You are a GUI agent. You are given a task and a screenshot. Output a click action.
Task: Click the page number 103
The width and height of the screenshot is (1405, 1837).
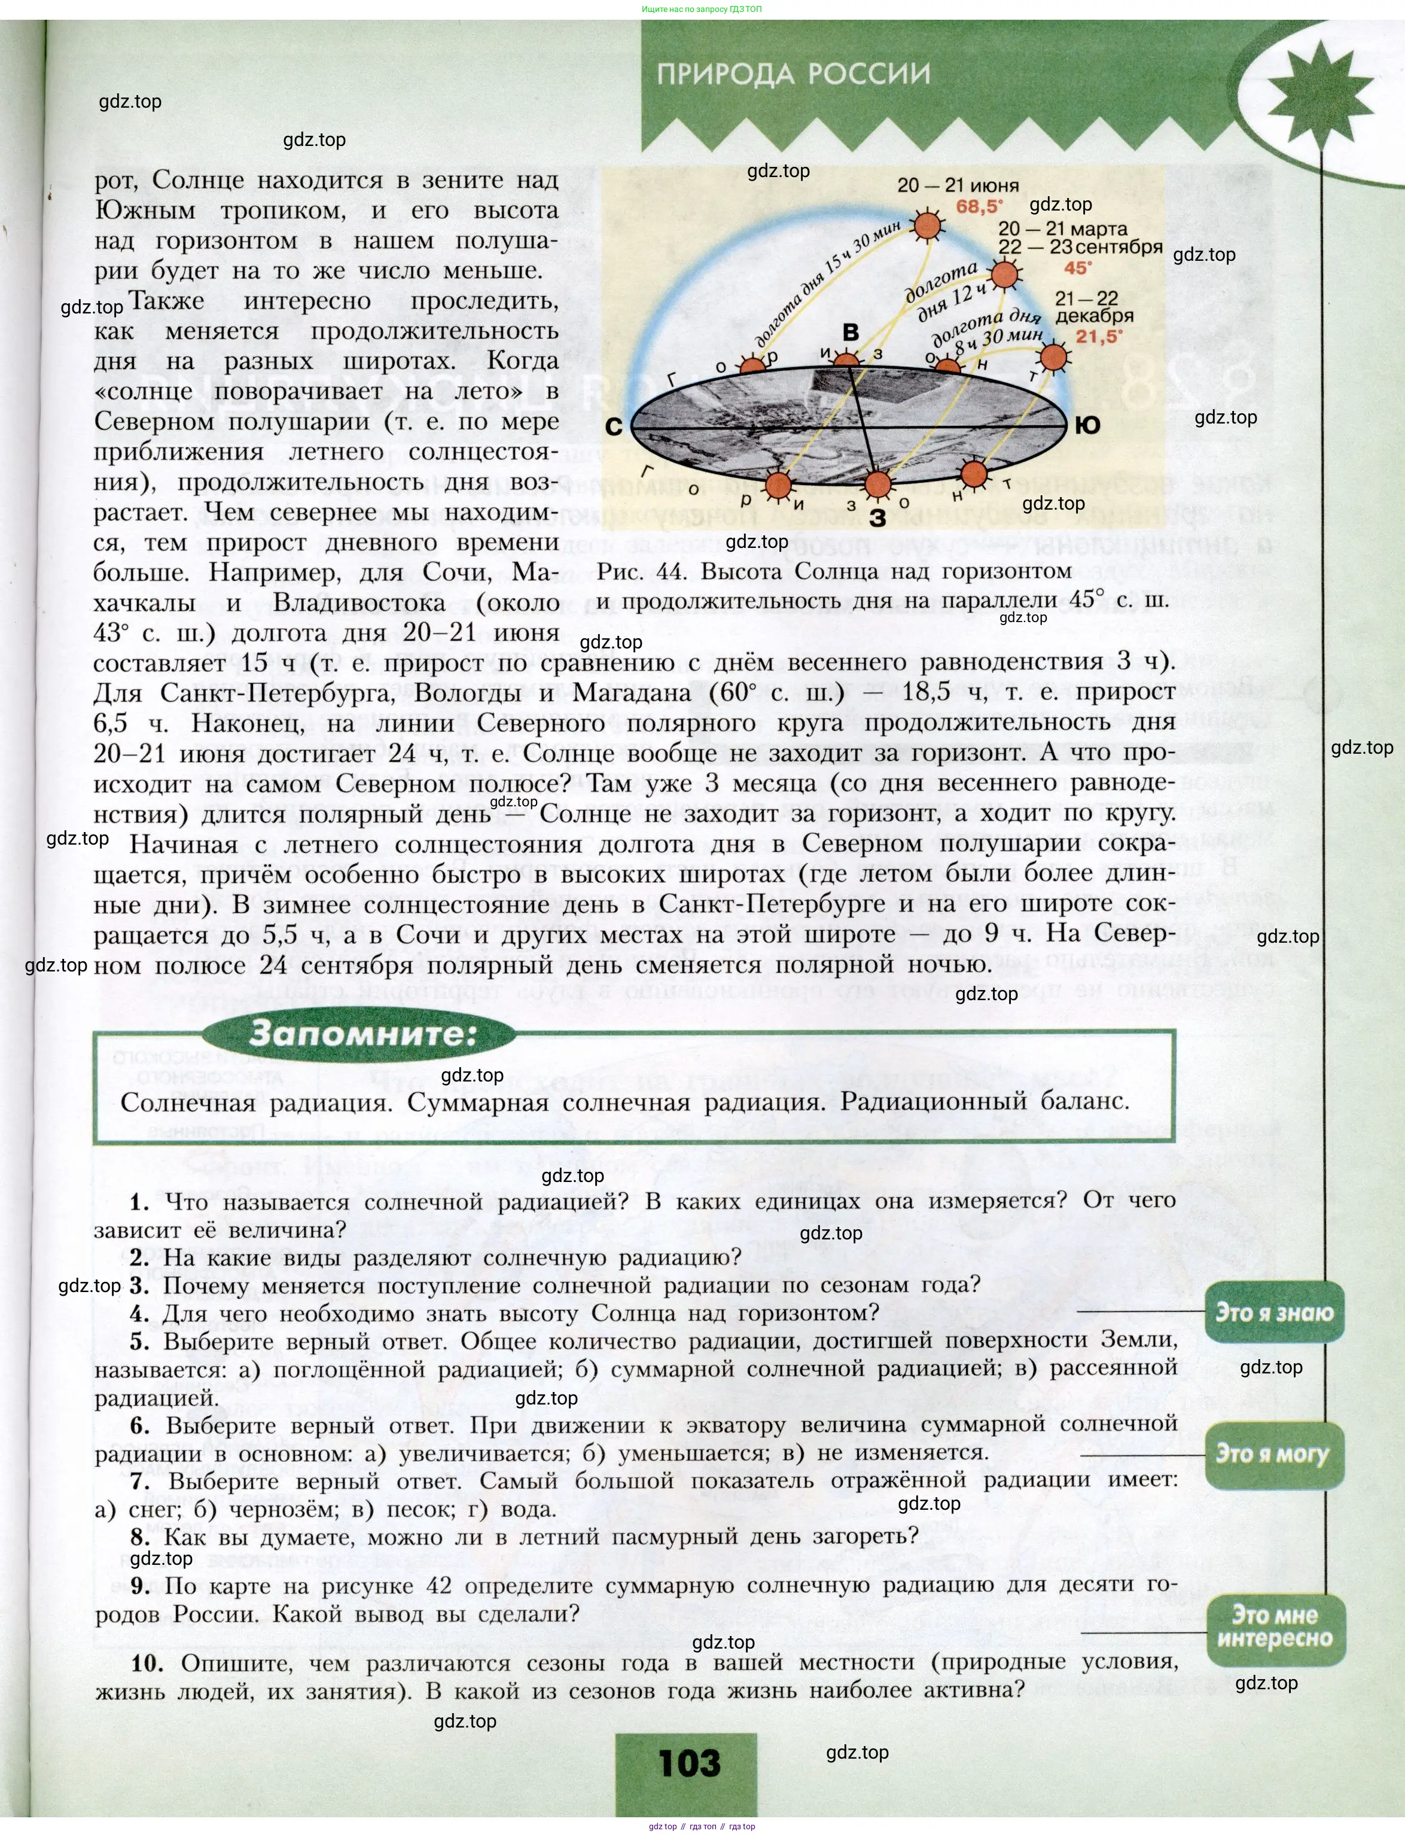point(688,1763)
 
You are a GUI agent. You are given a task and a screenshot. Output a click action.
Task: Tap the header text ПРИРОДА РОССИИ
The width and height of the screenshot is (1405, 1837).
point(793,74)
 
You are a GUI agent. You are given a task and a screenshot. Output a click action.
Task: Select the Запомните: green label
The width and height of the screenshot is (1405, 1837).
point(361,1034)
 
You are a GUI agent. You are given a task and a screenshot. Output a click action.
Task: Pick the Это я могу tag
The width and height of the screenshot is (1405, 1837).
point(1273,1454)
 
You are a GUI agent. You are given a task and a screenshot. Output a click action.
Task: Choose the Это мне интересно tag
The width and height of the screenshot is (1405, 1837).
point(1273,1626)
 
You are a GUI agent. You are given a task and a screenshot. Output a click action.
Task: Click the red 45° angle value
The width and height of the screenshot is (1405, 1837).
point(1077,267)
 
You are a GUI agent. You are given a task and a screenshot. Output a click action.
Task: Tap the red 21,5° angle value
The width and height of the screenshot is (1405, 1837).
point(1099,337)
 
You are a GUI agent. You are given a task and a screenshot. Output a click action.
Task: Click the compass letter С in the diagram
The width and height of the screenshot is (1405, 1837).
point(613,427)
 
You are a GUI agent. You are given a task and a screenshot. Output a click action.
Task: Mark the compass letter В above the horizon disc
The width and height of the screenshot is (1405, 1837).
point(851,333)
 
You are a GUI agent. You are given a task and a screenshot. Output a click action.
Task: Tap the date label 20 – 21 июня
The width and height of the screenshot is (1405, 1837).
point(958,185)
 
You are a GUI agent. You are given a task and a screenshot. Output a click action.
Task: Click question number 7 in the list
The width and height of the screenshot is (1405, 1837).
point(141,1481)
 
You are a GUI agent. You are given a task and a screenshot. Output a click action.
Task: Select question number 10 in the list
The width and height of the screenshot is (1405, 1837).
point(147,1662)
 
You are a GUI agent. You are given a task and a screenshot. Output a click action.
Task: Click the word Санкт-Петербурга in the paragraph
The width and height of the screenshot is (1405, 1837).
point(276,693)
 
